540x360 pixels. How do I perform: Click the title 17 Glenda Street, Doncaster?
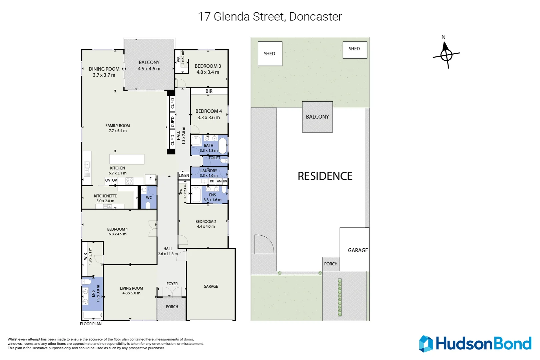coord(270,17)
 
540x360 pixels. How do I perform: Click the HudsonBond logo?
coord(475,344)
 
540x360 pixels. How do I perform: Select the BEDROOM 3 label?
coord(208,66)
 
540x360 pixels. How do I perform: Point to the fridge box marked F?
coord(150,179)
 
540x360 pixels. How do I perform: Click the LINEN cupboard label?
coord(184,175)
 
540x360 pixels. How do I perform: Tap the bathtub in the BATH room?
coord(223,146)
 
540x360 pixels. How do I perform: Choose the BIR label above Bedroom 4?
coord(209,91)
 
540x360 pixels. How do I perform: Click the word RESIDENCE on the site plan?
coord(325,176)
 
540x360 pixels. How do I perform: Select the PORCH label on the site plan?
coord(331,264)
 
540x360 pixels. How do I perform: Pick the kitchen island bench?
coord(127,159)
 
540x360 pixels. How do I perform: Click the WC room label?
coord(149,198)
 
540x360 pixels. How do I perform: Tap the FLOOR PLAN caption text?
coord(91,324)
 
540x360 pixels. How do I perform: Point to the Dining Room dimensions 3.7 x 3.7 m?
coord(104,75)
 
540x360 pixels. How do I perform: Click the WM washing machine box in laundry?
coord(219,181)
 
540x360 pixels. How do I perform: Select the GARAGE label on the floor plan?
coord(211,286)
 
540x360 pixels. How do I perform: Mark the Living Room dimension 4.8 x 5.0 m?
coord(131,293)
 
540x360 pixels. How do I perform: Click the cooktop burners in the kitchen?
coord(129,181)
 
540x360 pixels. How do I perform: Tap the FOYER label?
coord(172,284)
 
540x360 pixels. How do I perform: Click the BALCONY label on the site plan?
coord(318,117)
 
